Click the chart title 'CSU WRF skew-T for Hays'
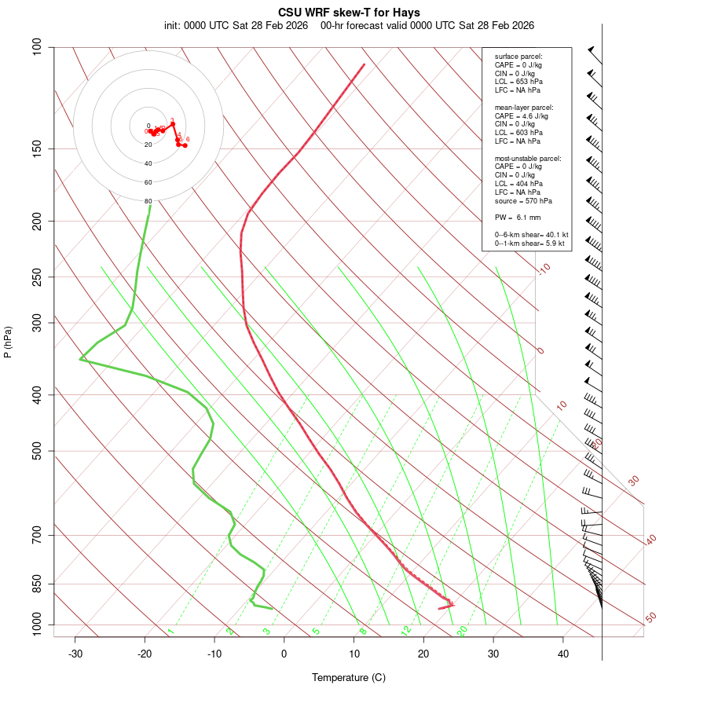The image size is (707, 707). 349,13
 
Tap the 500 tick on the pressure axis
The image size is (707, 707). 38,451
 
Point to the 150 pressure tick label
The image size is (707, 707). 38,148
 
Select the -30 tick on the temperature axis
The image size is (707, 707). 75,654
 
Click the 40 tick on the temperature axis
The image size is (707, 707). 563,654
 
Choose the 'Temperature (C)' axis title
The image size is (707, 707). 349,677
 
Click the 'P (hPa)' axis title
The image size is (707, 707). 8,342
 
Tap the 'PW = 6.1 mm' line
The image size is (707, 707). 518,218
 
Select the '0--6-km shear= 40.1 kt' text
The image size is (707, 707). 531,235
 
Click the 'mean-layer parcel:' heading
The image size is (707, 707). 524,107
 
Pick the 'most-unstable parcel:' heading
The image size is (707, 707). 528,158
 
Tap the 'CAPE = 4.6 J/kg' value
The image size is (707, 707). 521,115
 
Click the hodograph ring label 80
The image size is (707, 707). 148,201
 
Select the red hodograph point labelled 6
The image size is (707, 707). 185,145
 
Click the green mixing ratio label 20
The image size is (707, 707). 462,630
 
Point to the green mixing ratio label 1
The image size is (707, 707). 170,631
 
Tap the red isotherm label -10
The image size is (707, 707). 544,269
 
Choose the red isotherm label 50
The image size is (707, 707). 650,618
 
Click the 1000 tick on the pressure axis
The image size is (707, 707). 38,625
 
